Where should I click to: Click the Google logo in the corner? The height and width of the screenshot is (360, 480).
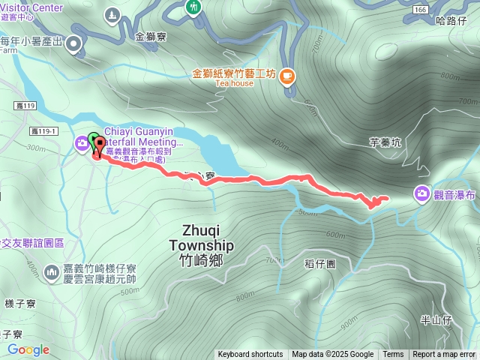point(28,349)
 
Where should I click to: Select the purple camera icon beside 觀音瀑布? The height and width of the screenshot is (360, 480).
point(422,194)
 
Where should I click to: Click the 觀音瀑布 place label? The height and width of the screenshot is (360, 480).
point(456,194)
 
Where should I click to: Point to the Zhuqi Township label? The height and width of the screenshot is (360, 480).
point(201,245)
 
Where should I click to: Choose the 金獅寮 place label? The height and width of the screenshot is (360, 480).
point(151,36)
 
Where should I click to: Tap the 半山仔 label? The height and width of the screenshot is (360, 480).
point(435,319)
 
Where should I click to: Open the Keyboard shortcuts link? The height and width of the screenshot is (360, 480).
point(250,355)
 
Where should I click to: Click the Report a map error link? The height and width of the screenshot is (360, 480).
point(444,355)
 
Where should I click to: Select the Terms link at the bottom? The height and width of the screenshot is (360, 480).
point(393,355)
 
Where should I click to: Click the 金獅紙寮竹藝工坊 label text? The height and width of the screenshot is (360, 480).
point(235,73)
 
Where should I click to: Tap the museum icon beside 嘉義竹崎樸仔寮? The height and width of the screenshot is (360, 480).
point(52,271)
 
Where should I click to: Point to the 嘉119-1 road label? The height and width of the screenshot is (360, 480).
point(44,131)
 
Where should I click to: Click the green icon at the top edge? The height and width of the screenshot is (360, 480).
point(193,7)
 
